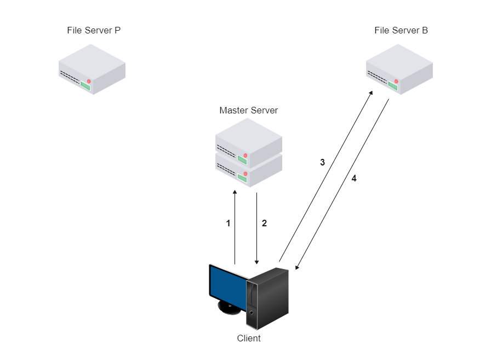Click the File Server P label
point(93,30)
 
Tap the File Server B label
point(401,30)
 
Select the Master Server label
point(248,110)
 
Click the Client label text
point(249,338)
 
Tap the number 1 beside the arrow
point(228,223)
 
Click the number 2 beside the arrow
point(264,223)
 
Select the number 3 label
point(322,162)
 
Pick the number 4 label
point(354,179)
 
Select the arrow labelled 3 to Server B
point(326,175)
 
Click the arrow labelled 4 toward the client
point(342,184)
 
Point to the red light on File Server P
point(88,81)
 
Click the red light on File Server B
point(396,81)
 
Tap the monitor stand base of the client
point(230,308)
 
